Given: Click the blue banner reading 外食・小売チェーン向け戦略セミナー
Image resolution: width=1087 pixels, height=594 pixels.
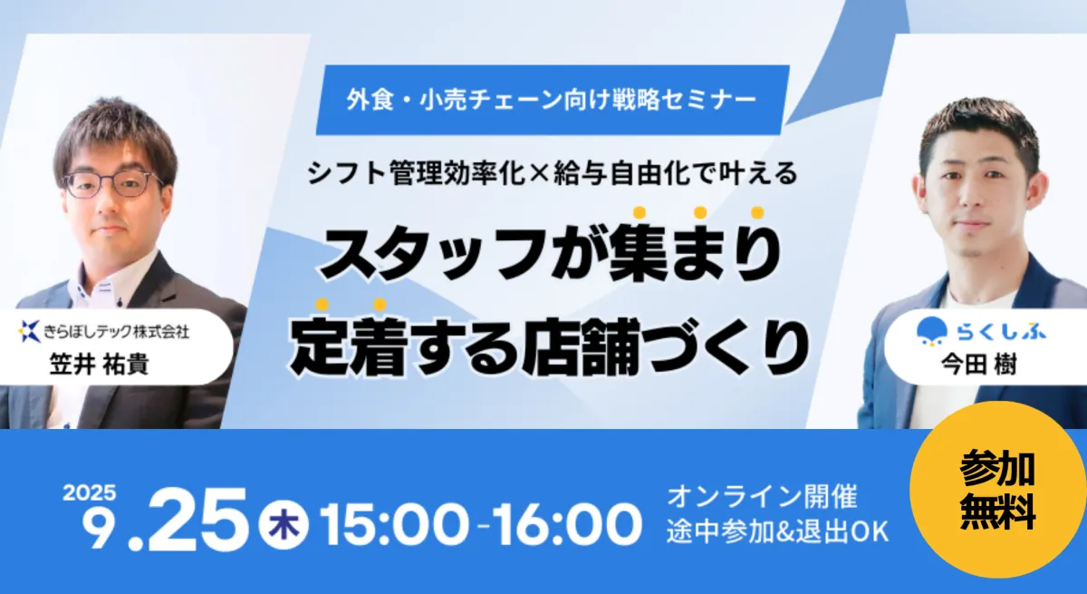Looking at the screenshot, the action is pyautogui.click(x=553, y=100).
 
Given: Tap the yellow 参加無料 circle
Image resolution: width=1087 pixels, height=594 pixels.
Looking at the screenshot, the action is pyautogui.click(x=997, y=490).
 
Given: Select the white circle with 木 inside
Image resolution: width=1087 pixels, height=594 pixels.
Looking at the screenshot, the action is pyautogui.click(x=284, y=525).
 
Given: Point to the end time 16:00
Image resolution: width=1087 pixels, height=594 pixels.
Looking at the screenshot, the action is pyautogui.click(x=567, y=524).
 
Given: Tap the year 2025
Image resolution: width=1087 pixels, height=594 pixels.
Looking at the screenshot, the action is pyautogui.click(x=90, y=493).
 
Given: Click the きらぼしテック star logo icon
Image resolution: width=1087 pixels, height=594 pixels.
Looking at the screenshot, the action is pyautogui.click(x=29, y=331).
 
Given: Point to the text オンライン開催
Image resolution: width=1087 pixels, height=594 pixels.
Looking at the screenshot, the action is pyautogui.click(x=763, y=497).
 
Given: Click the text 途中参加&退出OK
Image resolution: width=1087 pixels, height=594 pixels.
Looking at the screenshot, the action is pyautogui.click(x=778, y=531).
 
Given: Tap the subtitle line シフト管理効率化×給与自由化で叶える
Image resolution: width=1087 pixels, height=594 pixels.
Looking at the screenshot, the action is pyautogui.click(x=553, y=173).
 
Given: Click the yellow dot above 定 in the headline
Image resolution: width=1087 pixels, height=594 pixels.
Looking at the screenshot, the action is pyautogui.click(x=322, y=305).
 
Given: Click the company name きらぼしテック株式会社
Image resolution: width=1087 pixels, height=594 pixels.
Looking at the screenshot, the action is pyautogui.click(x=117, y=332).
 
